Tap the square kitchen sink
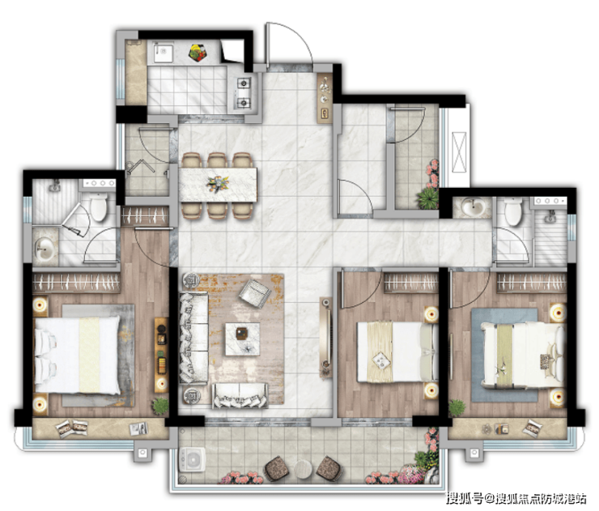(164, 53)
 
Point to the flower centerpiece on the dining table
(218, 184)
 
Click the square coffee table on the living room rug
(242, 339)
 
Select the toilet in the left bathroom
(99, 207)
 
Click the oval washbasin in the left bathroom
(45, 249)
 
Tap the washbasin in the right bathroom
(474, 207)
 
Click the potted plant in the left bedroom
(160, 406)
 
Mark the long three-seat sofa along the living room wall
(193, 338)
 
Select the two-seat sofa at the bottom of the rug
(240, 395)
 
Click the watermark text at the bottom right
(516, 498)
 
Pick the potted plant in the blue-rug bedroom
(457, 408)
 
